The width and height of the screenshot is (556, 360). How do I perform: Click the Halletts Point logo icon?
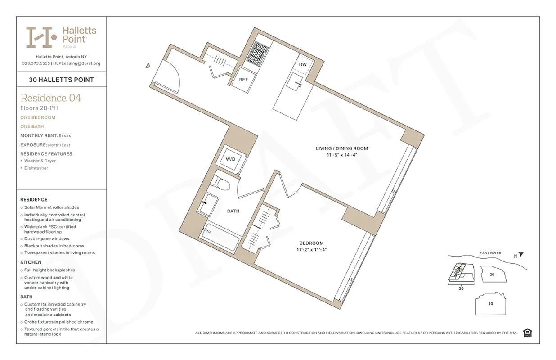point(41,37)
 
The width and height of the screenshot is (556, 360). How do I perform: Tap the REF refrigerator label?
point(243,80)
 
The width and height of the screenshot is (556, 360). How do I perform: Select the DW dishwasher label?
point(303,65)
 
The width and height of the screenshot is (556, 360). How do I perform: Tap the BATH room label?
point(233,211)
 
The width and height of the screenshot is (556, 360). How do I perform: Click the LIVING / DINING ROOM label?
point(341,148)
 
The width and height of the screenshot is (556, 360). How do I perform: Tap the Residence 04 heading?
point(51,98)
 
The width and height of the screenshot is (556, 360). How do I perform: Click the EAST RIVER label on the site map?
point(490,253)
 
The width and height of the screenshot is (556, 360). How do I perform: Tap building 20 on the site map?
point(492,274)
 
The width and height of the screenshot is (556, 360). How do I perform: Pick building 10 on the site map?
point(490,304)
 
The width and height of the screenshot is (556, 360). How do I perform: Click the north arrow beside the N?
point(521,255)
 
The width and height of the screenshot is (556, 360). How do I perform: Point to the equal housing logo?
point(528,333)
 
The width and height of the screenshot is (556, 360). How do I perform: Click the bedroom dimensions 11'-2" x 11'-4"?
point(311,249)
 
